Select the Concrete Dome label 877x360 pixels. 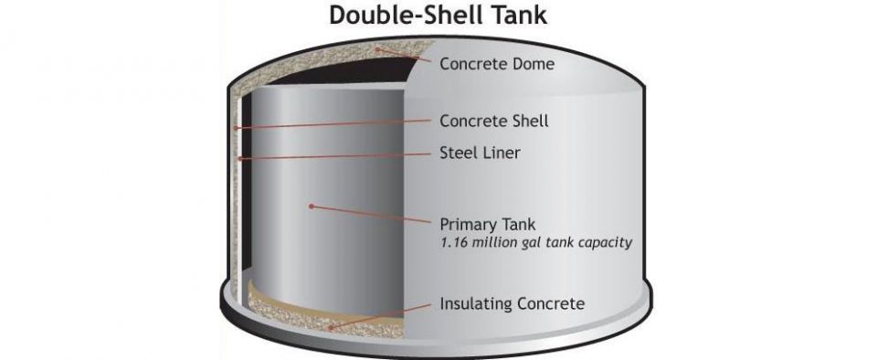[497, 64]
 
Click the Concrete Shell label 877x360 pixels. [494, 121]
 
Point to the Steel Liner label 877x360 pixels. [480, 153]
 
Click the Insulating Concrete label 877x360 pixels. [512, 302]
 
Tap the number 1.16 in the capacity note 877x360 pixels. [455, 244]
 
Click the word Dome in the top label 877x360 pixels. [533, 64]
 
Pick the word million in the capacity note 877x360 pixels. [494, 244]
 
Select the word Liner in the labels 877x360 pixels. [501, 153]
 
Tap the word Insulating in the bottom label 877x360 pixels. [476, 302]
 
